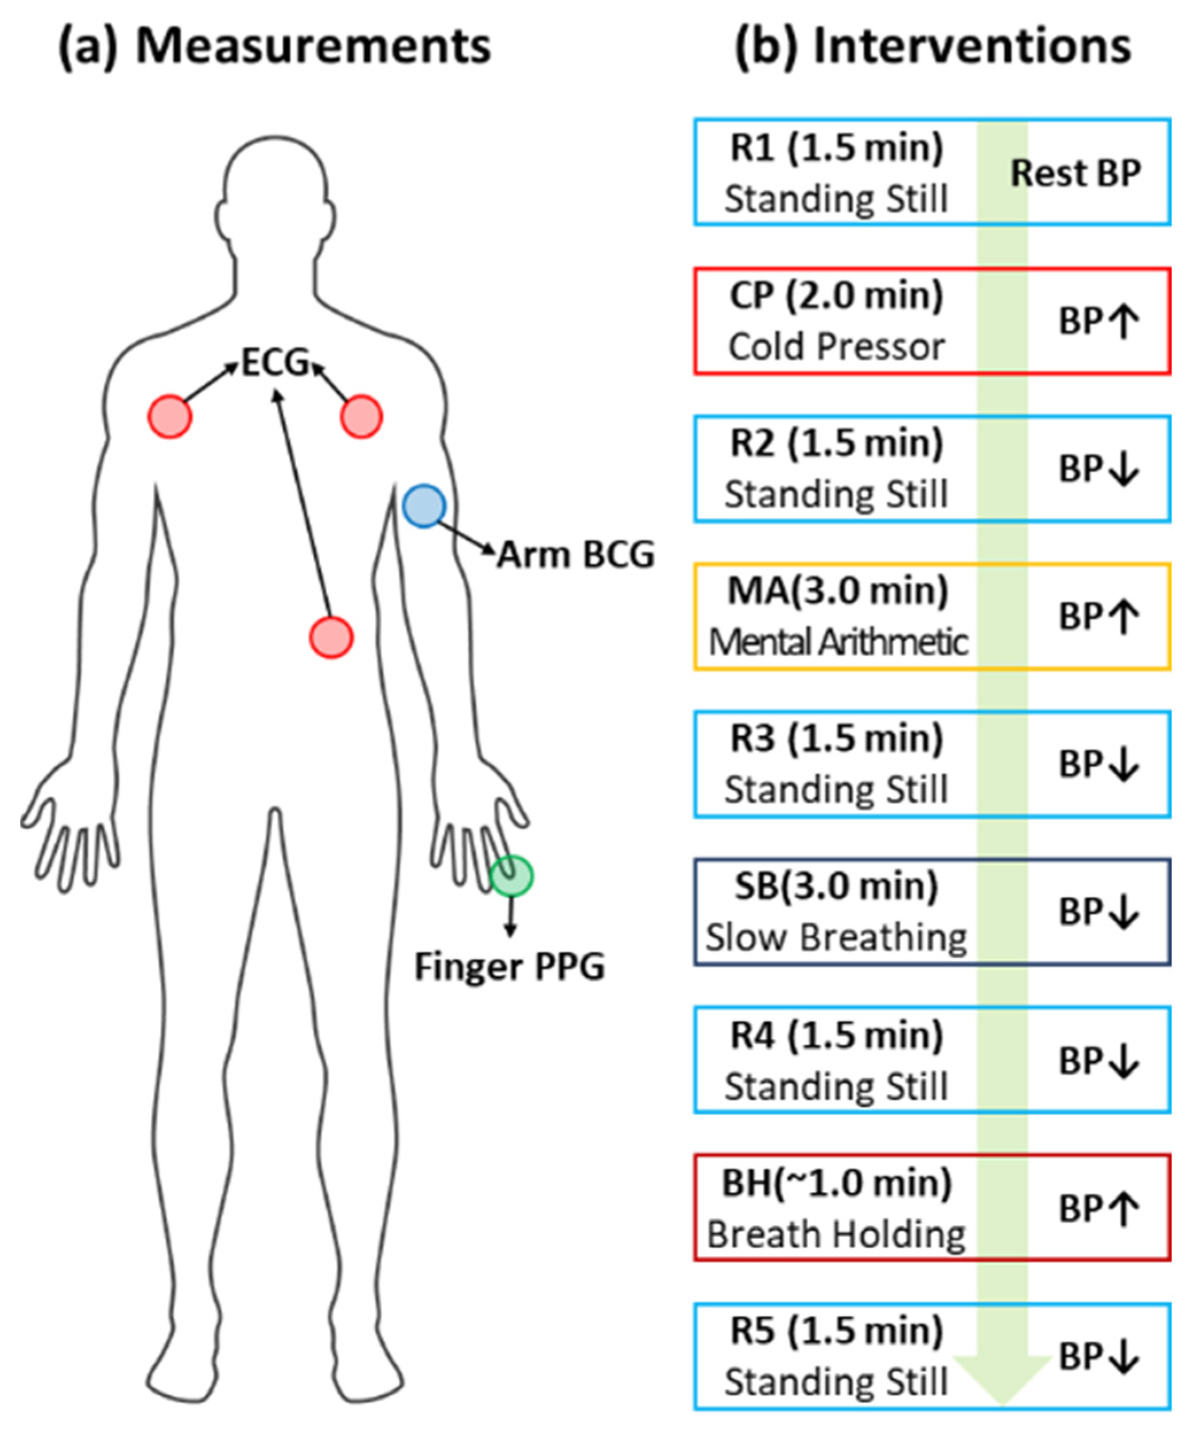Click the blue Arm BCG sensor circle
(x=424, y=506)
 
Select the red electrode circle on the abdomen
(x=332, y=638)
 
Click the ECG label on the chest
(x=275, y=362)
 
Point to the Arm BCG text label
(x=576, y=555)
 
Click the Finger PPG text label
(x=510, y=967)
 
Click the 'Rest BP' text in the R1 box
(x=1075, y=173)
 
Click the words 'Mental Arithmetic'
(x=838, y=642)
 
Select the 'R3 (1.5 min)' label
(x=836, y=738)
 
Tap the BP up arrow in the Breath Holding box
(x=1123, y=1208)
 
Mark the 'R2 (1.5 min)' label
(x=836, y=442)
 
